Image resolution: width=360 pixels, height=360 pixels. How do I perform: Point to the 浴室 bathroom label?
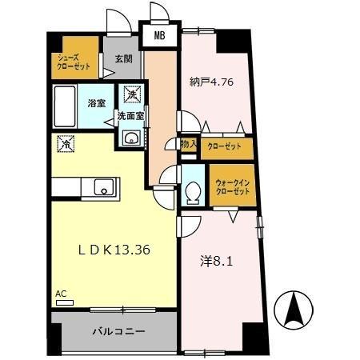pos(96,102)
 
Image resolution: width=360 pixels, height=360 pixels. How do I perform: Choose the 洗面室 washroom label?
pos(130,116)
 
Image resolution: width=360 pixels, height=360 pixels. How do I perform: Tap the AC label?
pos(61,294)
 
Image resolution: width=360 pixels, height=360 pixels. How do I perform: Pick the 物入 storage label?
pos(189,145)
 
